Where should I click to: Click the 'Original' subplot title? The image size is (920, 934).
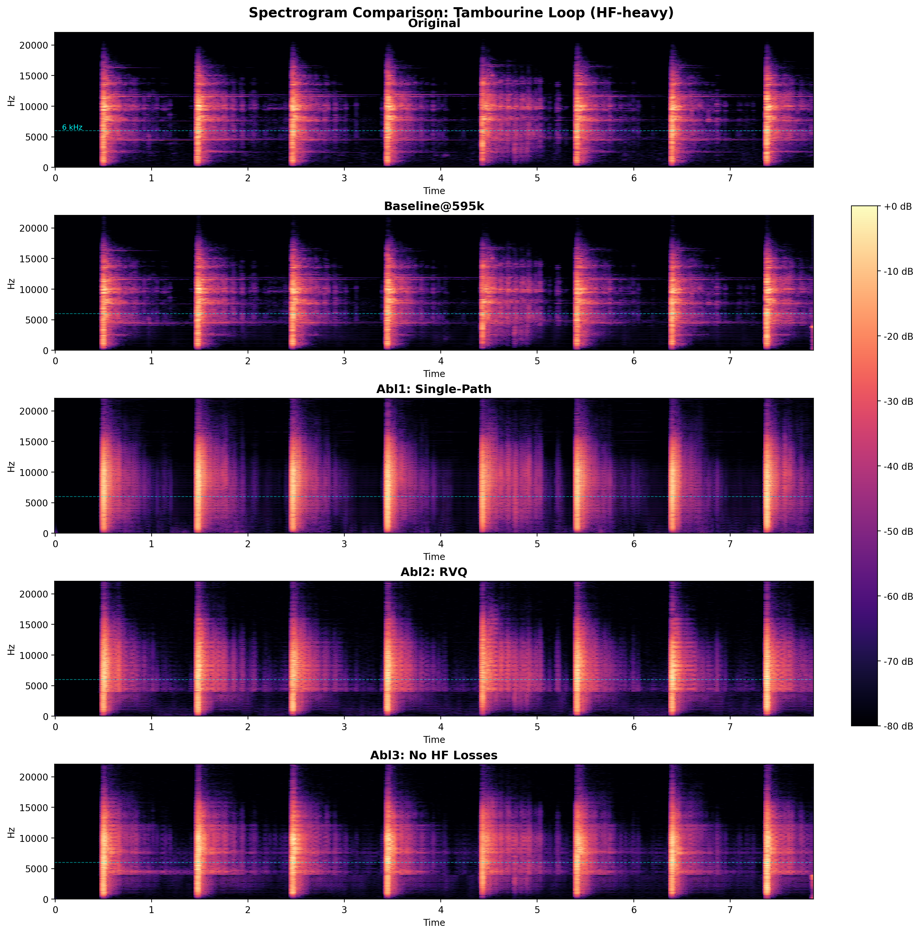coord(434,24)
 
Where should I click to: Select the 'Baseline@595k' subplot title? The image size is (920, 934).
coord(434,206)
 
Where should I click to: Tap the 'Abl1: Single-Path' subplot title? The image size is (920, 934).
coord(434,389)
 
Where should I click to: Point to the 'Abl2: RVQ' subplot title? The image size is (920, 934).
coord(434,572)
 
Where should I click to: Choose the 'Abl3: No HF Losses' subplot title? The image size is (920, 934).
coord(434,755)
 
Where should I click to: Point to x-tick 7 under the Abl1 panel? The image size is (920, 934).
coord(730,544)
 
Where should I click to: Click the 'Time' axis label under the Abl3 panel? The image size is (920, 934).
coord(434,923)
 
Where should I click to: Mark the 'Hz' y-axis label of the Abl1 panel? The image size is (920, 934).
coord(11,466)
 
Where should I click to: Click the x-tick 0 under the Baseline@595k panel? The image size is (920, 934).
coord(55,361)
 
